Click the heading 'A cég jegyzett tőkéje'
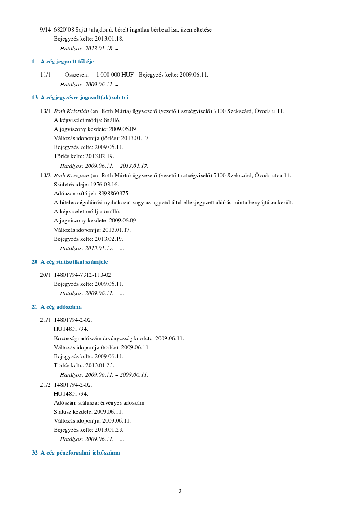[67, 62]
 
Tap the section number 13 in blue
[35, 98]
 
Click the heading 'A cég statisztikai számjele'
[74, 262]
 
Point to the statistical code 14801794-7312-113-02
[83, 275]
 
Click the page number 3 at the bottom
[180, 491]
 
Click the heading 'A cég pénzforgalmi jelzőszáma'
[80, 453]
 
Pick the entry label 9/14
[45, 30]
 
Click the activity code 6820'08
[63, 30]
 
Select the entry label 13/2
[45, 176]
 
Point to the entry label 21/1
[45, 320]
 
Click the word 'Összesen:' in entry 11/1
[76, 75]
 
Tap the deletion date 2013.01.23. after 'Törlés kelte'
[100, 365]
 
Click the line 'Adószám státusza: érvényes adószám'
[99, 403]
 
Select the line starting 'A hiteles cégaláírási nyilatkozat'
[173, 203]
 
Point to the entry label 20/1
[45, 275]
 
